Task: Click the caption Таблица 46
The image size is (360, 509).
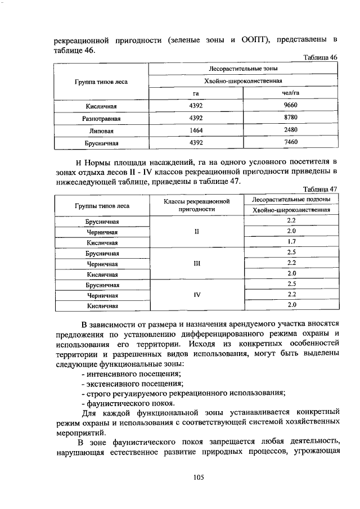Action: click(320, 58)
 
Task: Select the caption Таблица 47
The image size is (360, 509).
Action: click(320, 189)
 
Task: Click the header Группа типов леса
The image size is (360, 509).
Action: click(101, 82)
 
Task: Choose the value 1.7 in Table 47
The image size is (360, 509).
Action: click(291, 242)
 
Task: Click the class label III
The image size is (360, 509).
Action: click(197, 263)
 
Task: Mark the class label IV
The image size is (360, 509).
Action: click(197, 295)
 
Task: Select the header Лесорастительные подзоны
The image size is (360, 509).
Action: click(291, 200)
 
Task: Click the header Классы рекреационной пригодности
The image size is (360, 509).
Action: click(197, 205)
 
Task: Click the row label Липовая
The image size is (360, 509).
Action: click(101, 130)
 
